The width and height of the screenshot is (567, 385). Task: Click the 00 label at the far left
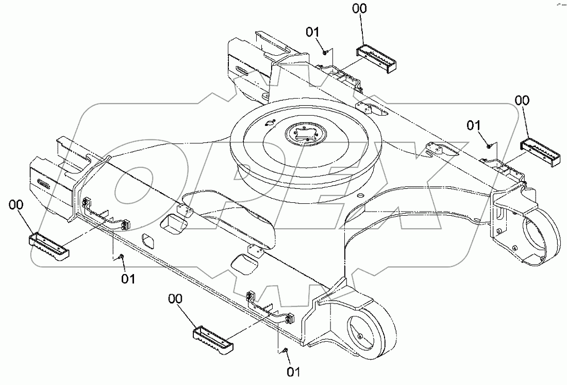point(16,205)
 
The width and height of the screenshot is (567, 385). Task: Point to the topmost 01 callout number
point(313,32)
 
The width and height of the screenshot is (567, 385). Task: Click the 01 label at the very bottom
point(293,371)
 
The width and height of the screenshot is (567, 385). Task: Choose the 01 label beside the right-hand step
point(474,125)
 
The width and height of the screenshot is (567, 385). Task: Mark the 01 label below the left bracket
point(128,279)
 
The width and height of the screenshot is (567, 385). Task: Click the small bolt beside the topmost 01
point(325,51)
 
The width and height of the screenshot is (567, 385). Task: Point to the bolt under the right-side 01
point(489,146)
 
